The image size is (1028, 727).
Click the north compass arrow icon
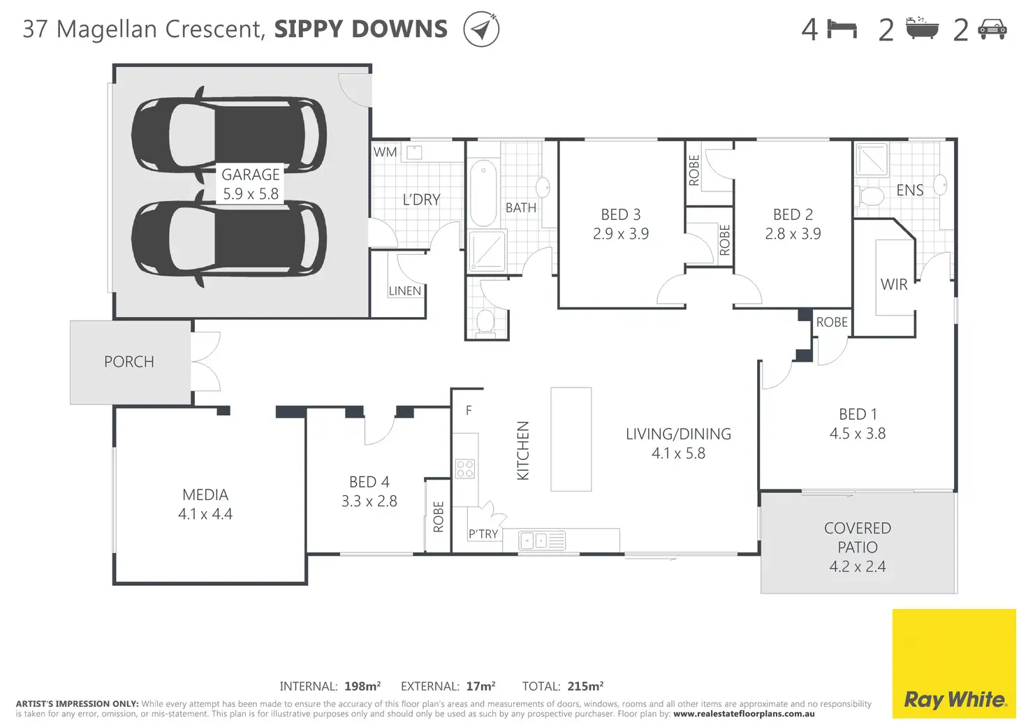tap(481, 29)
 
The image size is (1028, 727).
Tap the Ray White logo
tap(954, 663)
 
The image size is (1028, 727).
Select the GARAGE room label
tap(251, 175)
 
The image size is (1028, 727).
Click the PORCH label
tap(129, 362)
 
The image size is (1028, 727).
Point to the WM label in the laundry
tap(385, 152)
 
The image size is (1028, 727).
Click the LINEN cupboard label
tap(405, 291)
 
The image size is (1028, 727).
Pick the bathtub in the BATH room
tap(483, 193)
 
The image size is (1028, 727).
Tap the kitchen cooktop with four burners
tap(465, 469)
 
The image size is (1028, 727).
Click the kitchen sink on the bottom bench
tap(542, 541)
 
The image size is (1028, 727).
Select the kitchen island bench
tap(571, 439)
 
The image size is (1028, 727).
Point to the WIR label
tap(894, 284)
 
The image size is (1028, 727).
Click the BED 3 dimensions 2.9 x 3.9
tap(621, 234)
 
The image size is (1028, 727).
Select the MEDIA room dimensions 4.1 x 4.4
tap(205, 514)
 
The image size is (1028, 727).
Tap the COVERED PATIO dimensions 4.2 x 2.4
tap(858, 566)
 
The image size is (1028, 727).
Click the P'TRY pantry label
tap(483, 534)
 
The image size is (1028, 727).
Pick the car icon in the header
tap(992, 29)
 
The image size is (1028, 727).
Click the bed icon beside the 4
tap(842, 29)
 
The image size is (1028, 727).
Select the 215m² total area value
tap(586, 686)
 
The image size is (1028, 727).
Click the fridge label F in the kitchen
tap(469, 411)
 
